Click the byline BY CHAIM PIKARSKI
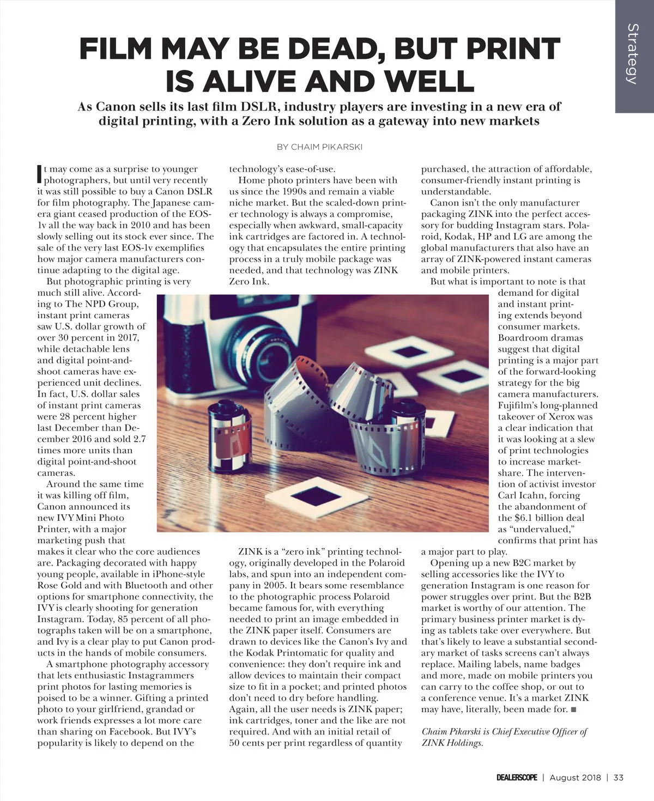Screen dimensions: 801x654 (320, 147)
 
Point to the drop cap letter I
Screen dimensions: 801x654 (39, 173)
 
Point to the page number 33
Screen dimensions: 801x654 (618, 778)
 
